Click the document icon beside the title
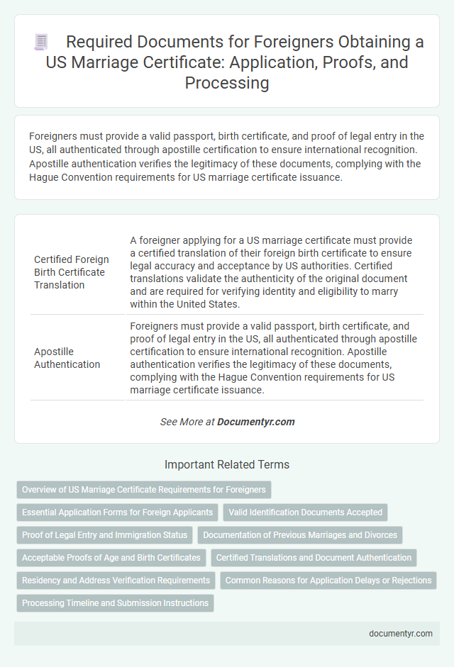40,43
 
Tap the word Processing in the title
227,83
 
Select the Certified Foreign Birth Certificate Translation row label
70,272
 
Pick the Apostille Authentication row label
67,358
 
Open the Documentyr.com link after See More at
255,422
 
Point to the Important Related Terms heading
227,465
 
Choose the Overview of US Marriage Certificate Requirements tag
144,490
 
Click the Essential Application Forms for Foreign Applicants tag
117,512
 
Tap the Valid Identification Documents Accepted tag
305,512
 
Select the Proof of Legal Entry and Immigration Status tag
104,535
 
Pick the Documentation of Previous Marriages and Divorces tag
301,535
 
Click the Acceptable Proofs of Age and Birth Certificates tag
111,558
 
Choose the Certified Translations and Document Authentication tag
314,558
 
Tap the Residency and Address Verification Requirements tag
116,581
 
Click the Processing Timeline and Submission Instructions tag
115,603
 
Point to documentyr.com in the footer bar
401,634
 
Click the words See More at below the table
187,422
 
